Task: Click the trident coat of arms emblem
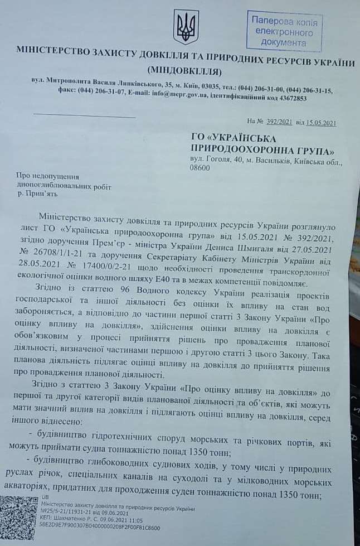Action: coord(186,26)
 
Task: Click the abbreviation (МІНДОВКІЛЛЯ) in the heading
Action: coord(186,71)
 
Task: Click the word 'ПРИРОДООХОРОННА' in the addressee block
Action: coord(258,149)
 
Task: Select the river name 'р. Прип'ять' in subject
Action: coord(38,195)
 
